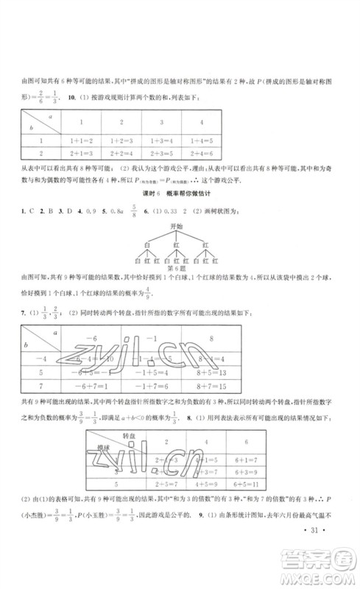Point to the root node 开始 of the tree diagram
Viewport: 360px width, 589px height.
click(x=176, y=229)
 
